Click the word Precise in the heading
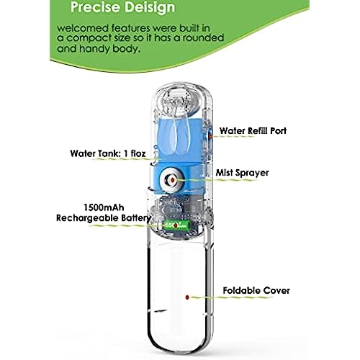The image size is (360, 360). coord(96,6)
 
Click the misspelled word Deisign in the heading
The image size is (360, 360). coord(150,8)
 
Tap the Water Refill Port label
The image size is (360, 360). coord(253,131)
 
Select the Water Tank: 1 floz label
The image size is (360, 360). coord(108,153)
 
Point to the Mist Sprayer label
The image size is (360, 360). coord(242,173)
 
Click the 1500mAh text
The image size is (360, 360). coord(104,207)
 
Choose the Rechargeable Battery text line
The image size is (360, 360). coord(104,218)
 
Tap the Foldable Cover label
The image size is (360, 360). coord(256,291)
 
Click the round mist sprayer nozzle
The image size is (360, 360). coord(172,180)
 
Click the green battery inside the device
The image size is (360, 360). coord(176,225)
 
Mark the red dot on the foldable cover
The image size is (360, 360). coord(187,297)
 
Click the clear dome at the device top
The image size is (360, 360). coord(178,99)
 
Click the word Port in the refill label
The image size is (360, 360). coord(278,131)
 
